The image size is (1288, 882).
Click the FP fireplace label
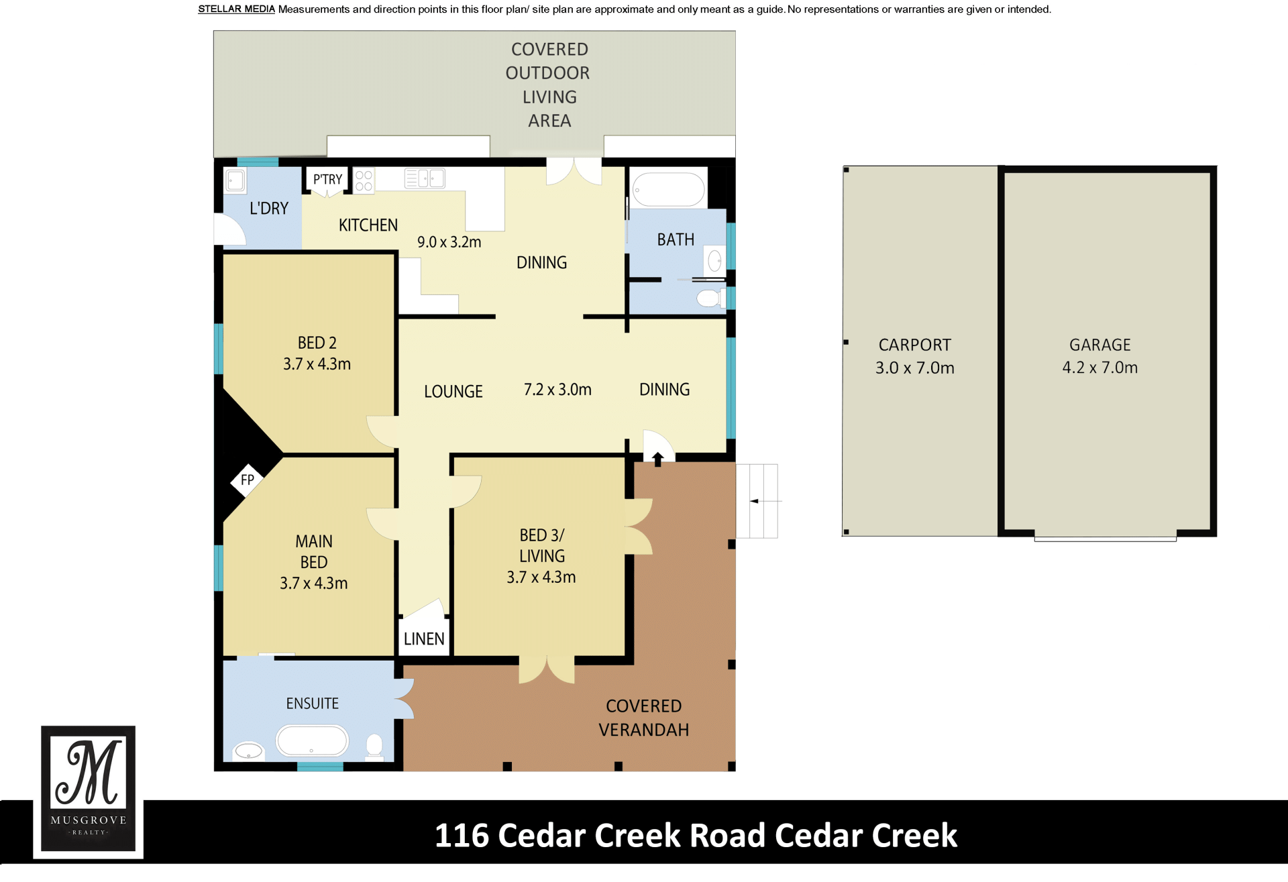coord(248,480)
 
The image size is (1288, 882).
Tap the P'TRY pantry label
coord(327,179)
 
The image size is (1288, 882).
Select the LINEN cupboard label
coord(424,639)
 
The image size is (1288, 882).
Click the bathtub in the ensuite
coord(312,741)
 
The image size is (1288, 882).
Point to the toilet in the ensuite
coord(374,746)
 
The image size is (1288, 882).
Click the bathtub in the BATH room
coord(669,189)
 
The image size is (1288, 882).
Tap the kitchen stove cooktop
coord(364,180)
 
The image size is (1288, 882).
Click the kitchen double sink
coord(425,178)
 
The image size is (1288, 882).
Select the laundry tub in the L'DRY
coord(235,180)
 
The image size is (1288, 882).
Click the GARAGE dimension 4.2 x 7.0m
coord(1100,368)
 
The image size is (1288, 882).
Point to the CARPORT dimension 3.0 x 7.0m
coord(914,368)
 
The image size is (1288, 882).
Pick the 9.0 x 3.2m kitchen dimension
coord(449,242)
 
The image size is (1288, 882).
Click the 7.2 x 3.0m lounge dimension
coord(557,390)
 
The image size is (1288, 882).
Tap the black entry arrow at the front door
coord(658,459)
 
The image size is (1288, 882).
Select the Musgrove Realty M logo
coord(89,789)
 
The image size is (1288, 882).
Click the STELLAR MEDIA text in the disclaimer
coord(236,9)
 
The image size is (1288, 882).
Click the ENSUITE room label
coord(312,704)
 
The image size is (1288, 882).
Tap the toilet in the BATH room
coord(710,298)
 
